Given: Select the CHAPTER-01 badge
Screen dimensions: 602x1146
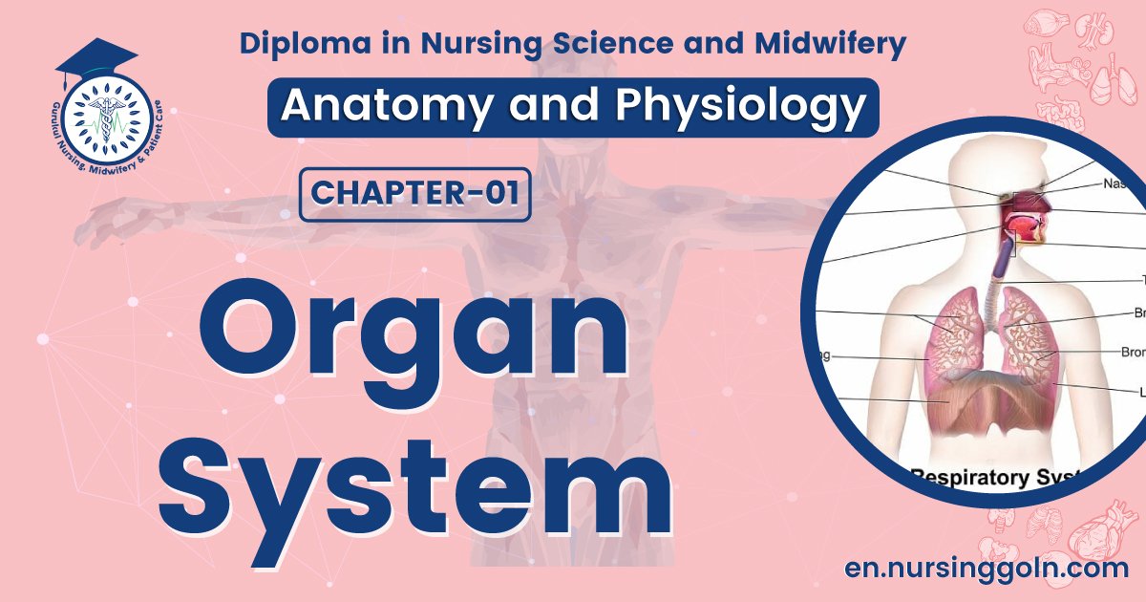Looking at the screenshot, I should [x=414, y=194].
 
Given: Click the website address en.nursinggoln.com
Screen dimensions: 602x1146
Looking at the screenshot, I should [x=987, y=567].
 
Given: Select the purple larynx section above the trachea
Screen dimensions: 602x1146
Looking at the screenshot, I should [x=1004, y=258].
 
